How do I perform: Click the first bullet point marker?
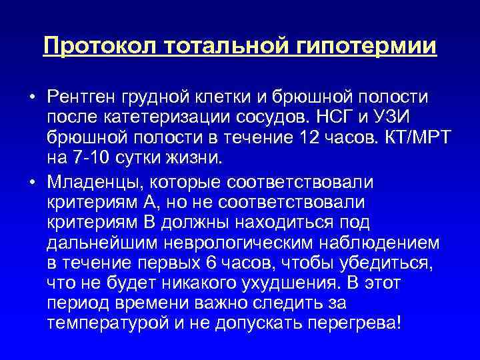pos(31,97)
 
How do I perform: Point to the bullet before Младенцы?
pos(31,181)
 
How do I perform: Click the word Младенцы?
pos(95,181)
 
